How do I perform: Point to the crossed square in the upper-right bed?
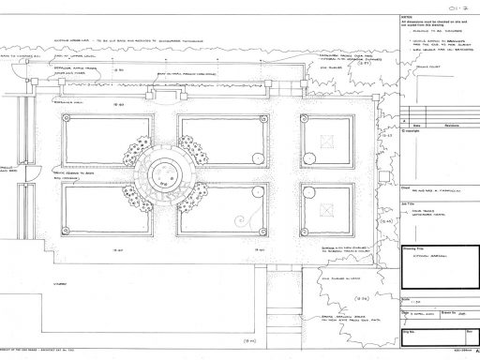[x=331, y=139]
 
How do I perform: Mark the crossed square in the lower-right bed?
[x=331, y=205]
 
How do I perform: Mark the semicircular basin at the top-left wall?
[x=38, y=85]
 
